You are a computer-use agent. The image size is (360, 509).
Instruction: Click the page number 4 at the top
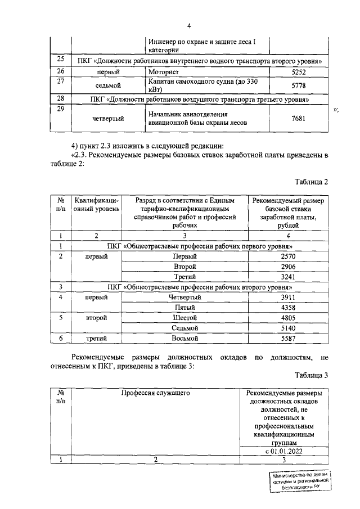[x=188, y=25]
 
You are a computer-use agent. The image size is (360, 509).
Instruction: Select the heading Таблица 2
[x=310, y=182]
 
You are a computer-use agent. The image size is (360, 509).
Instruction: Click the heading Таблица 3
[x=310, y=375]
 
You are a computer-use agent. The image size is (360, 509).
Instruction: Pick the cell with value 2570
[x=288, y=256]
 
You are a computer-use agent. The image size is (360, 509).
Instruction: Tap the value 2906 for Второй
[x=288, y=266]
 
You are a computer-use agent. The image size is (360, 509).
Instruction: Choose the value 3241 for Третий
[x=288, y=276]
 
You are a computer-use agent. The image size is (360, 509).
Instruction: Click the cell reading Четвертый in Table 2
[x=184, y=297]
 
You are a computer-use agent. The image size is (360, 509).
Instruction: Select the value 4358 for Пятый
[x=288, y=308]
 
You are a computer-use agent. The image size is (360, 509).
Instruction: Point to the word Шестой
[x=184, y=318]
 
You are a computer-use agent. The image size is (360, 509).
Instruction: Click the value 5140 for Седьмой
[x=288, y=328]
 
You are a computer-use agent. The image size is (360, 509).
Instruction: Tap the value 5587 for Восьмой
[x=288, y=339]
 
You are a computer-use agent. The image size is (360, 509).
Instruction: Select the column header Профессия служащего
[x=155, y=393]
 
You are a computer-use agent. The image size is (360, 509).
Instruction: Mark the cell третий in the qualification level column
[x=97, y=339]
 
